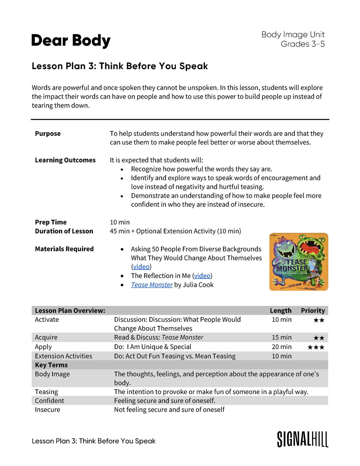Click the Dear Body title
tap(71, 41)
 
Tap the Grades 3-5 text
tap(302, 44)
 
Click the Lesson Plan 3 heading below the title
tap(120, 66)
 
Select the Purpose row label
tap(48, 134)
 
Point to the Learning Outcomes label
tap(65, 160)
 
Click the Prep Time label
tap(51, 222)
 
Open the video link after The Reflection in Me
tap(202, 276)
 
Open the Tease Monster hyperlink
tap(152, 285)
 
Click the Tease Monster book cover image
tap(298, 262)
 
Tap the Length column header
tap(280, 310)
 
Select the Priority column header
tap(312, 310)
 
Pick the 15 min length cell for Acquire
tap(282, 337)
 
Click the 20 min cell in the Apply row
tap(282, 347)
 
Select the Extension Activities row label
tap(63, 356)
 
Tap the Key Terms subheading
tap(51, 365)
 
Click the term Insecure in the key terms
tap(48, 410)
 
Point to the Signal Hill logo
tap(302, 439)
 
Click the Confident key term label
tap(49, 401)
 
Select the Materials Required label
tap(64, 249)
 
